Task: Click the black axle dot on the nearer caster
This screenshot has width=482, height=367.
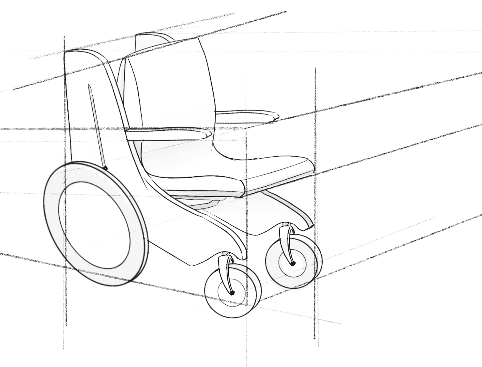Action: (232, 293)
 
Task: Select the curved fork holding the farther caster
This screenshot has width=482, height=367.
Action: (286, 245)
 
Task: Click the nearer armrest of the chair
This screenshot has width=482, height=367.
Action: (168, 134)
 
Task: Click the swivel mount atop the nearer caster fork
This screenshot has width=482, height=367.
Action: (226, 254)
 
